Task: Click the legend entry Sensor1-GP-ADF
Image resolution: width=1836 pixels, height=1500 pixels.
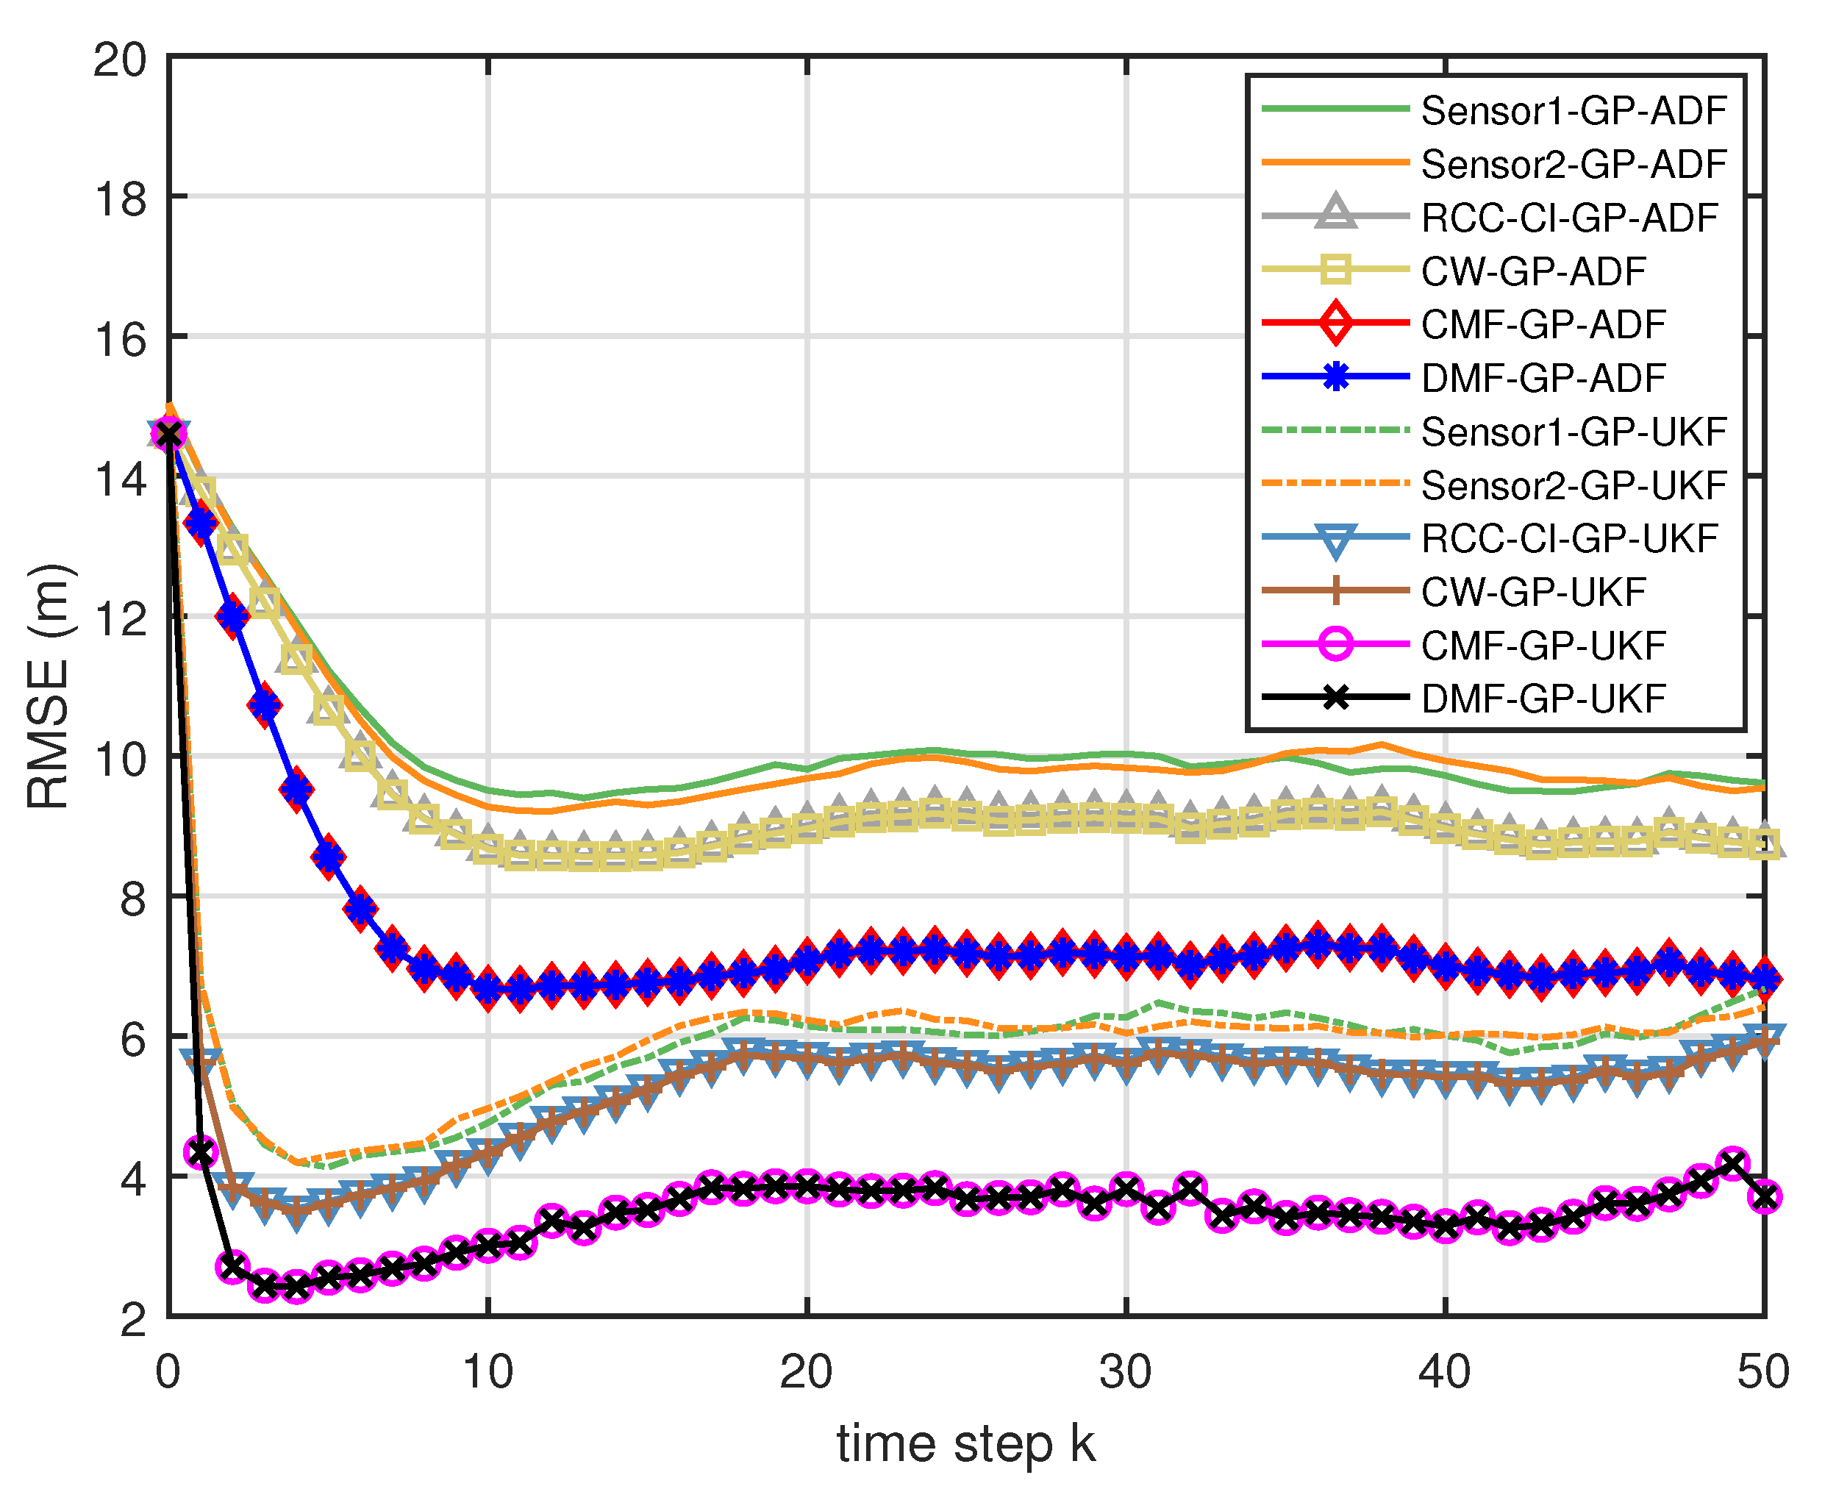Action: (x=1573, y=110)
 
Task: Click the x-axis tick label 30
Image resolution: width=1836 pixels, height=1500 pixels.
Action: (x=1126, y=1371)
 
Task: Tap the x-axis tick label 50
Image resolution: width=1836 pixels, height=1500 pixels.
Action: (x=1763, y=1371)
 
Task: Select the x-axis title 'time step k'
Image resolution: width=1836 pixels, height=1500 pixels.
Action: (x=965, y=1444)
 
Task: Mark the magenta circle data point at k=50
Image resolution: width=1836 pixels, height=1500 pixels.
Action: (x=1764, y=1197)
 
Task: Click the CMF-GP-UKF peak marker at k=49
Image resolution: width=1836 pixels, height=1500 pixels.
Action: (x=1732, y=1163)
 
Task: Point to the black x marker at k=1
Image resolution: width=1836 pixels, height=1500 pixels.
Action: (x=201, y=1151)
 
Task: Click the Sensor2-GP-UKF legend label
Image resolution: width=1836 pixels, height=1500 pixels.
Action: (x=1573, y=485)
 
